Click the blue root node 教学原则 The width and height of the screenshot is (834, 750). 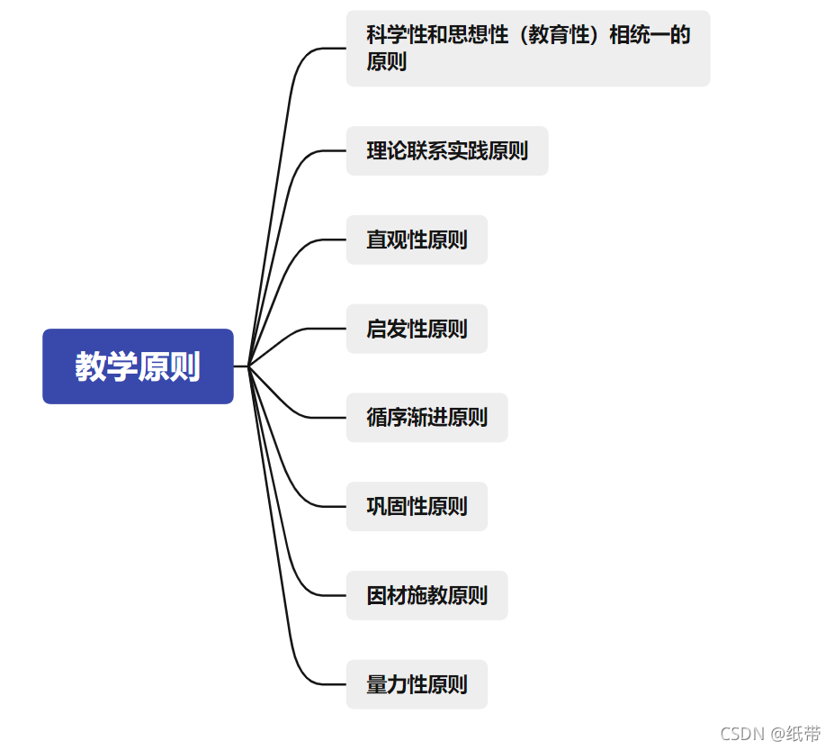click(x=138, y=366)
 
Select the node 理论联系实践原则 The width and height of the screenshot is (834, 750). click(x=446, y=150)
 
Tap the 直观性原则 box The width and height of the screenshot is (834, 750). click(x=417, y=239)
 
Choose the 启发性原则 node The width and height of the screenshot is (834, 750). click(x=417, y=329)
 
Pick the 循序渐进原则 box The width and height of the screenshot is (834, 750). click(x=426, y=418)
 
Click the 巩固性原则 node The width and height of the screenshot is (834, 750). click(x=417, y=506)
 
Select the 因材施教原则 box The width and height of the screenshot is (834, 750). click(x=426, y=595)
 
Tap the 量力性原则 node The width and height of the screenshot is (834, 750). click(x=417, y=684)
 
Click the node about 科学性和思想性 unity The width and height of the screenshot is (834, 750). click(x=528, y=49)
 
